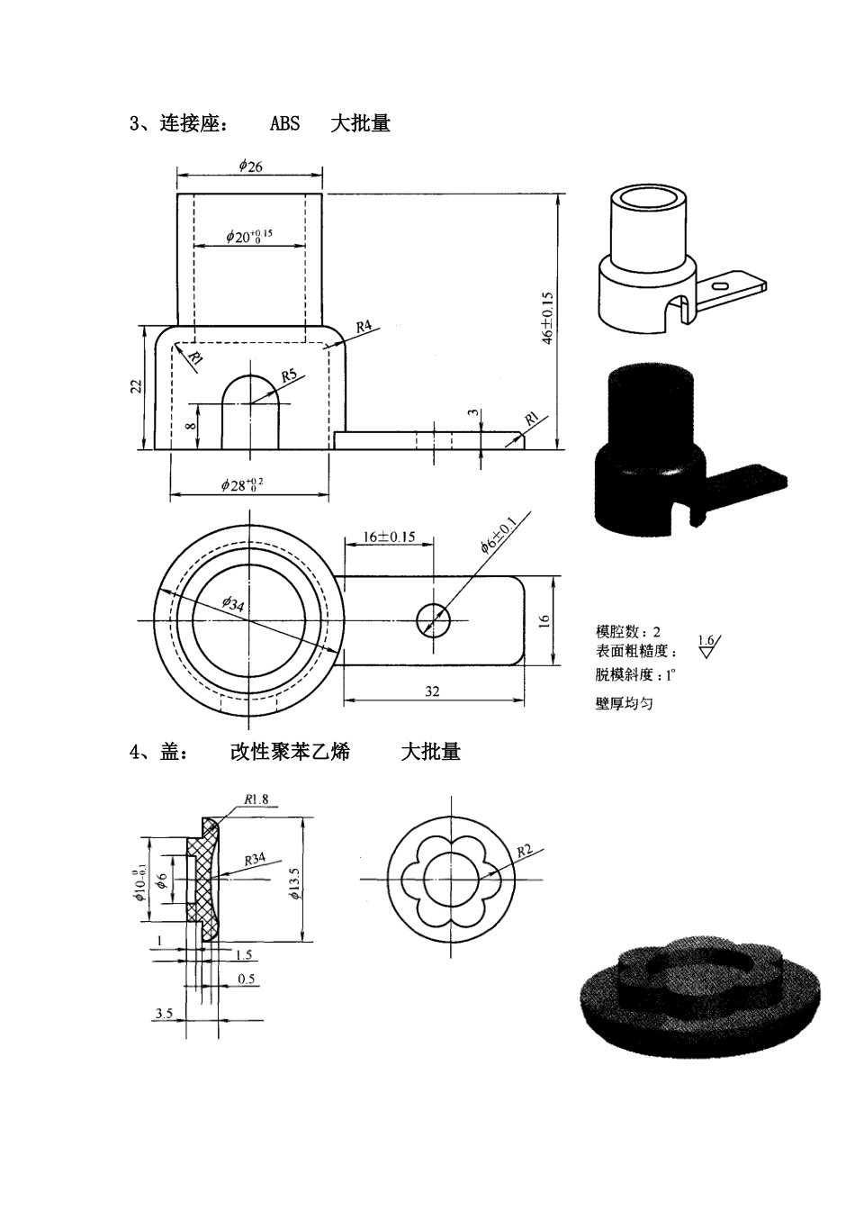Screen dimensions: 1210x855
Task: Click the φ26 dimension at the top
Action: (x=250, y=165)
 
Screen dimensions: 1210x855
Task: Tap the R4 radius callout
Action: (x=364, y=328)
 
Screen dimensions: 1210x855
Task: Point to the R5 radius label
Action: (x=289, y=375)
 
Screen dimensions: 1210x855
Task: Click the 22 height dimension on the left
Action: (x=136, y=386)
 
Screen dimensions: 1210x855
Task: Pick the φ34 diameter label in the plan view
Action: (x=232, y=604)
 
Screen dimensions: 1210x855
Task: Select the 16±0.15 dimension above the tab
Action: (x=389, y=537)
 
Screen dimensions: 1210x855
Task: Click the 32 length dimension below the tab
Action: (x=432, y=691)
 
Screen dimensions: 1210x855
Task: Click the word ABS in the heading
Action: (x=284, y=124)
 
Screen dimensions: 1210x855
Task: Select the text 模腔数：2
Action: (x=627, y=631)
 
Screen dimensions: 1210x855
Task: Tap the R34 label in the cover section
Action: (x=256, y=860)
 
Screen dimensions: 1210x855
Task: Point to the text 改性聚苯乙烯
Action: (x=290, y=752)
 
